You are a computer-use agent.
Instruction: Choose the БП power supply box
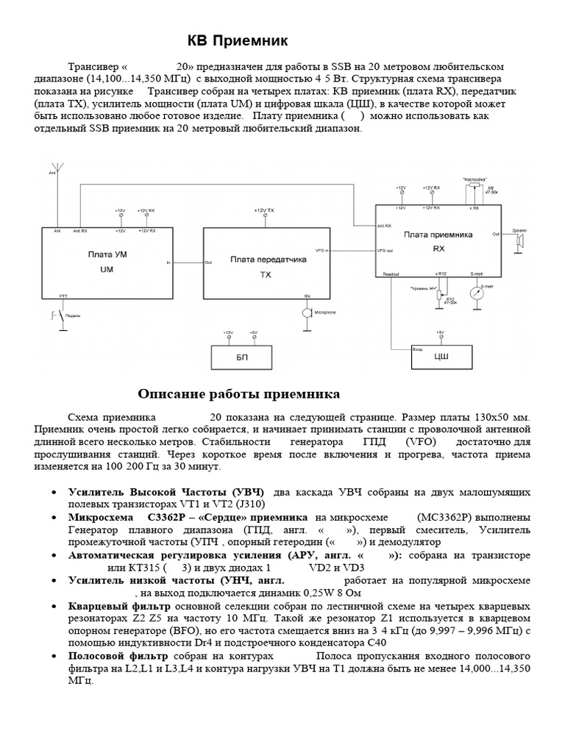242,358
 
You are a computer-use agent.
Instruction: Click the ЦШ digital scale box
439,358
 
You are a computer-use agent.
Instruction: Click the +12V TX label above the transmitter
263,211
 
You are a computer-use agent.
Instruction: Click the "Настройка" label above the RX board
475,179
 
